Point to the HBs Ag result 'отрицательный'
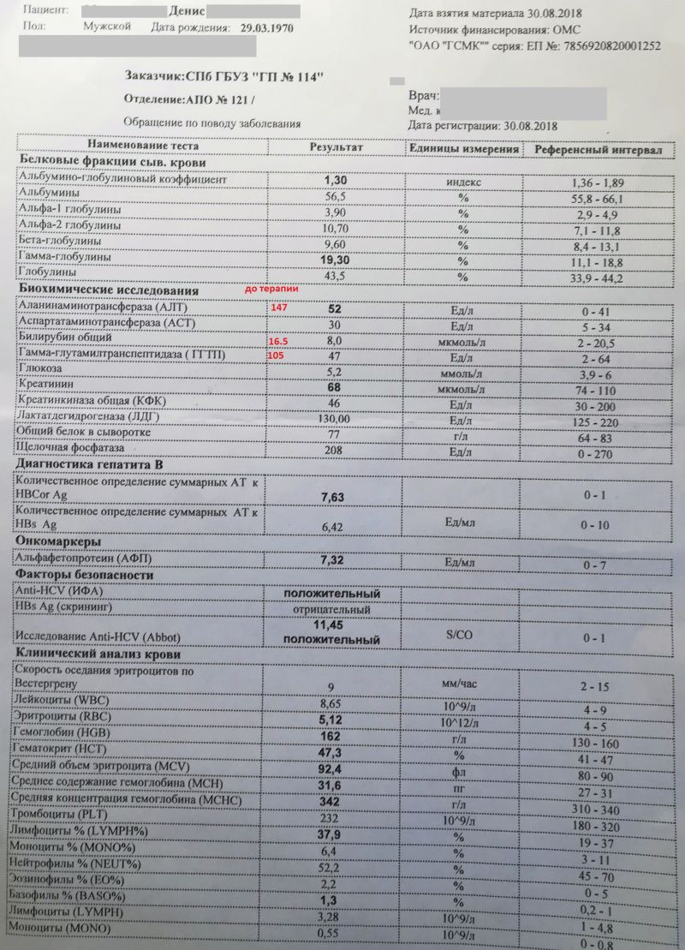pyautogui.click(x=332, y=609)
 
